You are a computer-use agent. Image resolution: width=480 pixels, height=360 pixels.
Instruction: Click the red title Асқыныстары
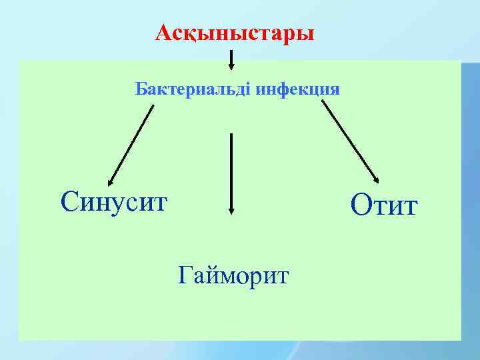click(234, 33)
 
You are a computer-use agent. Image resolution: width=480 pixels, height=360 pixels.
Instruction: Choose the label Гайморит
click(233, 273)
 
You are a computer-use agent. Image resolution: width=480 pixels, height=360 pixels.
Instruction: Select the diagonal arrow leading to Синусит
click(131, 143)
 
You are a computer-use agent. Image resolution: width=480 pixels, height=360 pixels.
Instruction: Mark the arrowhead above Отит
click(376, 178)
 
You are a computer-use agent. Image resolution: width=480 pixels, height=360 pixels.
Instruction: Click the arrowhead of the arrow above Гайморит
click(231, 209)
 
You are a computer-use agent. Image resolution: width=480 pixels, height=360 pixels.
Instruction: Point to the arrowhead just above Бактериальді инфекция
click(231, 66)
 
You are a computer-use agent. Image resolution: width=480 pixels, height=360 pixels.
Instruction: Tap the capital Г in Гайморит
click(186, 273)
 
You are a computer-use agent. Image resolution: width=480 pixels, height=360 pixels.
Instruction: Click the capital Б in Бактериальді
click(141, 89)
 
